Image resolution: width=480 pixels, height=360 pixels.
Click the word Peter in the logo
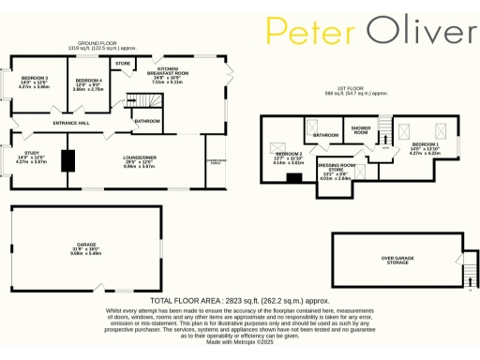pyautogui.click(x=311, y=32)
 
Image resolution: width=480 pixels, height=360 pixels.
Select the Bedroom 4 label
pyautogui.click(x=88, y=82)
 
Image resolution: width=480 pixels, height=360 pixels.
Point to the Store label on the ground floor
pyautogui.click(x=122, y=64)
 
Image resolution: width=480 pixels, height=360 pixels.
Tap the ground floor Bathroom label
pyautogui.click(x=146, y=121)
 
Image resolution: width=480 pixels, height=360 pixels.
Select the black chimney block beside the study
pyautogui.click(x=67, y=160)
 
